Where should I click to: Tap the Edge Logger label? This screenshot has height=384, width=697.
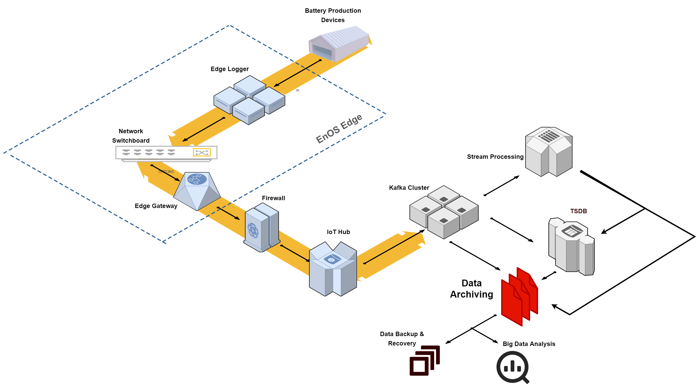(x=229, y=69)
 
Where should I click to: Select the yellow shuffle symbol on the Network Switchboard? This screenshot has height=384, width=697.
(x=202, y=152)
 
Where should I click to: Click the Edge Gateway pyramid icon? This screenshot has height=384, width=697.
(x=197, y=191)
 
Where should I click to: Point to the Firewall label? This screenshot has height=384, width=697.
(x=273, y=198)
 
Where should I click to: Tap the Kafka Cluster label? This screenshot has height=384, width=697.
(x=409, y=187)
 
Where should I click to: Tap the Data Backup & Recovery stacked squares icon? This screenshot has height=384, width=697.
(x=425, y=361)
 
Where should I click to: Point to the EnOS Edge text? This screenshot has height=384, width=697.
(x=339, y=129)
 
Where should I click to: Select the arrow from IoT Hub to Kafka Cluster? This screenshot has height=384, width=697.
(x=395, y=247)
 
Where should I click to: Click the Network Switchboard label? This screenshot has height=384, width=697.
(x=131, y=136)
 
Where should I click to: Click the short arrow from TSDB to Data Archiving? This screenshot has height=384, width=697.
(x=548, y=276)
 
